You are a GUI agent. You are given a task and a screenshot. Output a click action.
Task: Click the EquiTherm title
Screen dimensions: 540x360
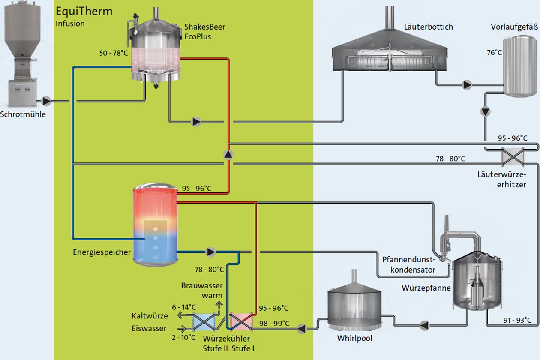click(x=84, y=12)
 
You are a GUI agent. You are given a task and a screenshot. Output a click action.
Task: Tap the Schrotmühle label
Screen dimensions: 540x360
click(x=23, y=114)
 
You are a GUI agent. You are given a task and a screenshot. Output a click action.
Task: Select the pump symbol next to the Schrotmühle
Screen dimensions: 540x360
click(x=46, y=101)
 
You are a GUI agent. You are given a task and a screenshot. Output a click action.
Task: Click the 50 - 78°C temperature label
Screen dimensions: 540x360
click(x=114, y=53)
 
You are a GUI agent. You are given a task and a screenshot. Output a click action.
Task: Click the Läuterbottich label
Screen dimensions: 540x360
click(x=429, y=27)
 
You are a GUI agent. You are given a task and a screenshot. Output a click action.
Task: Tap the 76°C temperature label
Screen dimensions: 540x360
click(x=494, y=53)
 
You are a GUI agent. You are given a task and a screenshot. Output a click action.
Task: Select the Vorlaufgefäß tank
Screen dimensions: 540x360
click(x=520, y=66)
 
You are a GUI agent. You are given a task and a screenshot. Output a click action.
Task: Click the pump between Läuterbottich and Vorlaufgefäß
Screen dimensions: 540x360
click(x=467, y=85)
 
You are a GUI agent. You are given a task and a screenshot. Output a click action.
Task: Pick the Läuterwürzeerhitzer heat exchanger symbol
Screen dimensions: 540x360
click(x=513, y=157)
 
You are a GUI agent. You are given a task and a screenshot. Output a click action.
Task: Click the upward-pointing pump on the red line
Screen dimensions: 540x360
click(x=228, y=155)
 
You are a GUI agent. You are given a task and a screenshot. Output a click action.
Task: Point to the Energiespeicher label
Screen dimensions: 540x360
click(x=102, y=252)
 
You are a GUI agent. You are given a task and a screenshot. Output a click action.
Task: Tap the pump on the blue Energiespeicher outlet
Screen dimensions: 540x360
click(x=210, y=252)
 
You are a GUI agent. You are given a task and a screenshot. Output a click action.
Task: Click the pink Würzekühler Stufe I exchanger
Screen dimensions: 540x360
click(x=241, y=322)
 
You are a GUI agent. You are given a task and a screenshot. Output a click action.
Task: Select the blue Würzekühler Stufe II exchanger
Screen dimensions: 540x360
click(x=204, y=322)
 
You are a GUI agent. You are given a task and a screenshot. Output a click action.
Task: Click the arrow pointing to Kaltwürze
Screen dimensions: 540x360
click(x=181, y=315)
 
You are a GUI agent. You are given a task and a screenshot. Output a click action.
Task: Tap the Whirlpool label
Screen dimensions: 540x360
click(x=354, y=338)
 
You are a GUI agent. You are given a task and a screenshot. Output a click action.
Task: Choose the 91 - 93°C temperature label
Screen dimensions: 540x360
click(x=517, y=320)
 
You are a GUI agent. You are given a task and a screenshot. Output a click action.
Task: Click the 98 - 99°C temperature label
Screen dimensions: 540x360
click(x=274, y=323)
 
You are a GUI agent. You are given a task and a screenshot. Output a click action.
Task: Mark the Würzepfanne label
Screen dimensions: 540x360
click(x=426, y=288)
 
